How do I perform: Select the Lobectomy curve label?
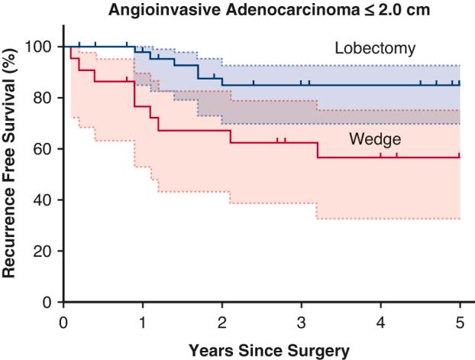click(x=375, y=49)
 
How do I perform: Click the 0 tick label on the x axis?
click(x=63, y=321)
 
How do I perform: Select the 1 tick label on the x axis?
click(x=143, y=321)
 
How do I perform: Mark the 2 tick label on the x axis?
click(x=222, y=321)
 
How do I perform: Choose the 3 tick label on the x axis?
click(x=302, y=321)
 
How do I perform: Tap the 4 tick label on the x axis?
click(x=381, y=321)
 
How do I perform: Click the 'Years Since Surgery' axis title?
click(x=262, y=351)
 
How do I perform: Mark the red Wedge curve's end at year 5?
click(x=460, y=157)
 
